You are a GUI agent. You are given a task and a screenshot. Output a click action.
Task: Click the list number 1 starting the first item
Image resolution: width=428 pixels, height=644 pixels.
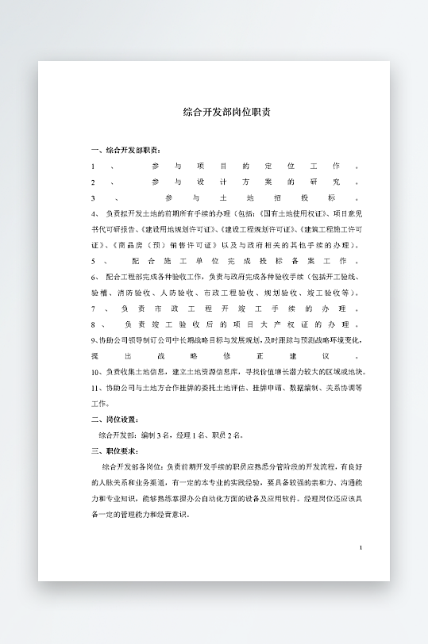pyautogui.click(x=93, y=166)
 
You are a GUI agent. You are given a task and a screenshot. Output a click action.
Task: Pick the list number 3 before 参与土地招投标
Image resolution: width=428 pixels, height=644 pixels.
pyautogui.click(x=93, y=197)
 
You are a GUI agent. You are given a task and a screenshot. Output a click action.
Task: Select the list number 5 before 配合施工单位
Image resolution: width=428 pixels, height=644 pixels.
pyautogui.click(x=93, y=260)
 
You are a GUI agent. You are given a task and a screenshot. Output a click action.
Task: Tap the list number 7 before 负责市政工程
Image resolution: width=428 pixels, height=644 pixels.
pyautogui.click(x=93, y=308)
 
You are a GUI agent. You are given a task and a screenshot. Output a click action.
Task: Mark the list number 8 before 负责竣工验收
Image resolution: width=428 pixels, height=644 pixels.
pyautogui.click(x=93, y=324)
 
